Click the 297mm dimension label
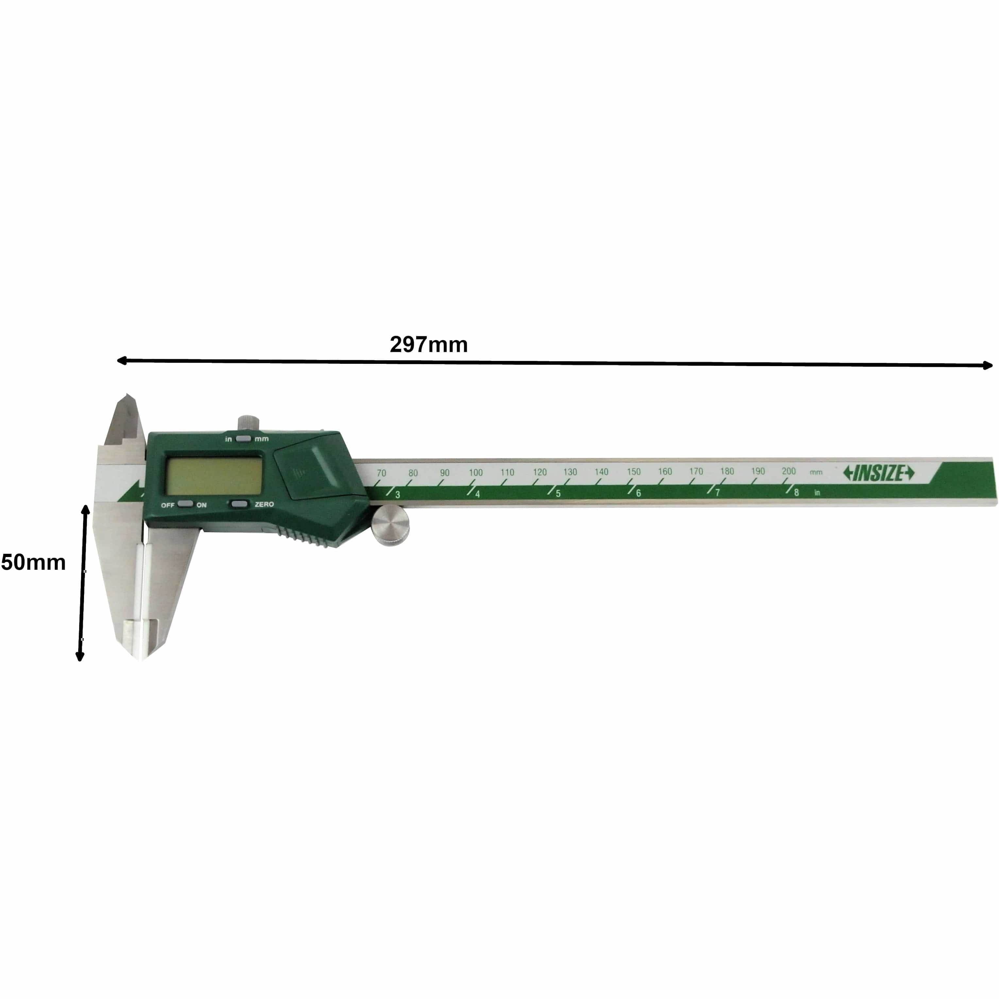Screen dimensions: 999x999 [428, 344]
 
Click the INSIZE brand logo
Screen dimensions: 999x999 [878, 473]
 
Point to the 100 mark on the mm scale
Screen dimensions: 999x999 [475, 472]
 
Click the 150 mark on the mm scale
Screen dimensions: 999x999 [634, 472]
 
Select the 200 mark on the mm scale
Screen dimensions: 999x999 [788, 470]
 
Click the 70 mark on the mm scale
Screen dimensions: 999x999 [381, 473]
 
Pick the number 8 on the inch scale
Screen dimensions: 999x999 [796, 493]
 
